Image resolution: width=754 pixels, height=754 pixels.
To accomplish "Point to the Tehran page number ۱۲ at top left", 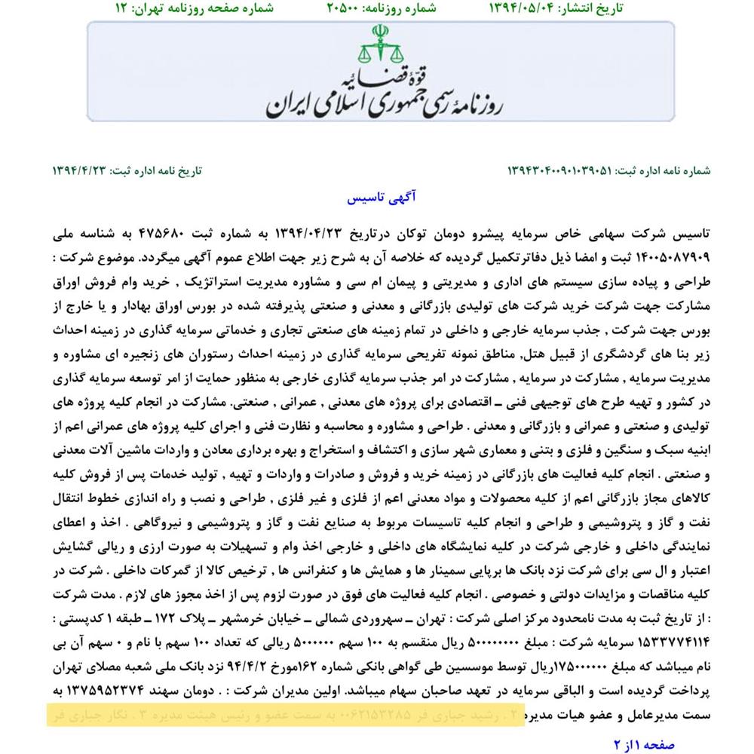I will (121, 9).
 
